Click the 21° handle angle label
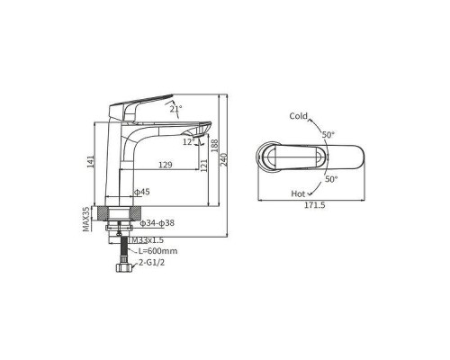(176, 109)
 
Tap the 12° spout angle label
(189, 141)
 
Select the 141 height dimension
(91, 161)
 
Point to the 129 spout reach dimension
(166, 165)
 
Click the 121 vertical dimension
(204, 166)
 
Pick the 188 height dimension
(215, 145)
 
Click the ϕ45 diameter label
(141, 192)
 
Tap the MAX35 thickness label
(86, 219)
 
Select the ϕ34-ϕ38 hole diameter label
(157, 223)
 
